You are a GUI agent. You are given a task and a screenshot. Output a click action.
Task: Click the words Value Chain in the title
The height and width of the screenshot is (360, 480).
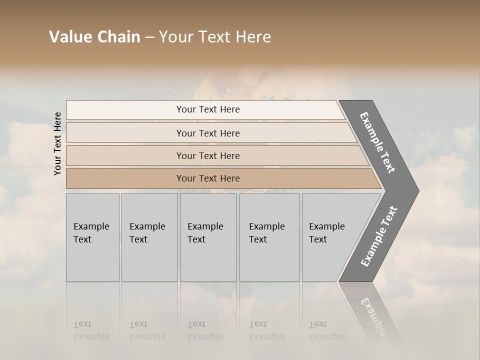(94, 37)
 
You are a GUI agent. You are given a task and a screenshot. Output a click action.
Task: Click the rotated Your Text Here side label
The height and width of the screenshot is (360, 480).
(57, 143)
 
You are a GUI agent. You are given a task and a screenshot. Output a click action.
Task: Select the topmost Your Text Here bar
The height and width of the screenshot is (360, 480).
(208, 109)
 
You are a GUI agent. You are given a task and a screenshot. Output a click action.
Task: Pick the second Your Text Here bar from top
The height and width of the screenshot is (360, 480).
(208, 133)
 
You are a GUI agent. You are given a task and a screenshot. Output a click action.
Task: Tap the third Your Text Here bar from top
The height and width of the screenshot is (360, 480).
(208, 155)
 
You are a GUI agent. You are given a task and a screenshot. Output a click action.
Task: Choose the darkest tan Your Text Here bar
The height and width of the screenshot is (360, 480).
(208, 178)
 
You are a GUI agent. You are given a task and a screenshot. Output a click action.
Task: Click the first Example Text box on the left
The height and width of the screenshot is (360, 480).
(92, 237)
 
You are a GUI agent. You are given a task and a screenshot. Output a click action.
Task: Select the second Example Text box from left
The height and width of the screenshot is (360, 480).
(149, 237)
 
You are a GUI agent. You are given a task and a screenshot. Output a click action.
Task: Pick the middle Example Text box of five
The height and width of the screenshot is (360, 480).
(208, 237)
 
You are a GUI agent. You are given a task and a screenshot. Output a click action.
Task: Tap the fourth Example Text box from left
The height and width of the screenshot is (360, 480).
(269, 237)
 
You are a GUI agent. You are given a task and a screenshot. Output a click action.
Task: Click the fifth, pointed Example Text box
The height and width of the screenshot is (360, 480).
(330, 237)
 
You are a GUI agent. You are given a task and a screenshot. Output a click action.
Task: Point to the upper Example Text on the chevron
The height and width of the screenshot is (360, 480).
(377, 142)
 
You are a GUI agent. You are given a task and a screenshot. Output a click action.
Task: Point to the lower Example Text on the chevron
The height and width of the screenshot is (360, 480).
(379, 236)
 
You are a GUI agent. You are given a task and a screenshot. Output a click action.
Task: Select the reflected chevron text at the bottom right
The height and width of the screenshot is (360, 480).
(377, 317)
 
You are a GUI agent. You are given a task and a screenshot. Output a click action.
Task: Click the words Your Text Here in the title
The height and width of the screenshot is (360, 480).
(215, 37)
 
